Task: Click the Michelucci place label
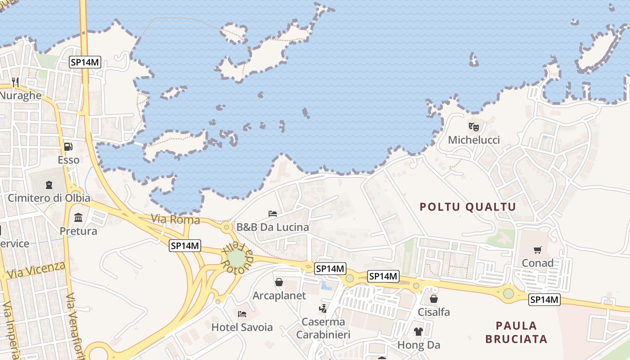[474, 140]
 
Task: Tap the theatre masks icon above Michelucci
[473, 127]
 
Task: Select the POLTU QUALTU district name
[468, 207]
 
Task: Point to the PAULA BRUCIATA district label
[517, 332]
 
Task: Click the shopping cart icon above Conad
[537, 250]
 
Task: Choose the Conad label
[537, 263]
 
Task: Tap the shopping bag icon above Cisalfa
[434, 299]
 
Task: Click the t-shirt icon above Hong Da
[418, 332]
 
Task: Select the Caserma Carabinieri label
[323, 328]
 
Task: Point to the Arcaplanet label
[279, 296]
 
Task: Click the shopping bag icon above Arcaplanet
[279, 282]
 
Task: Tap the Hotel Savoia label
[242, 327]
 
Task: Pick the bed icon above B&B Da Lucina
[273, 213]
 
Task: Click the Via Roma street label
[175, 220]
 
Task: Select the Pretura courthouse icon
[79, 218]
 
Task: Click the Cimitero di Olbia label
[49, 198]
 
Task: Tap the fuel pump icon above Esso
[68, 147]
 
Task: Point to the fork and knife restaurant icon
[15, 82]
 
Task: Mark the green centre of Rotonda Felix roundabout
[237, 258]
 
